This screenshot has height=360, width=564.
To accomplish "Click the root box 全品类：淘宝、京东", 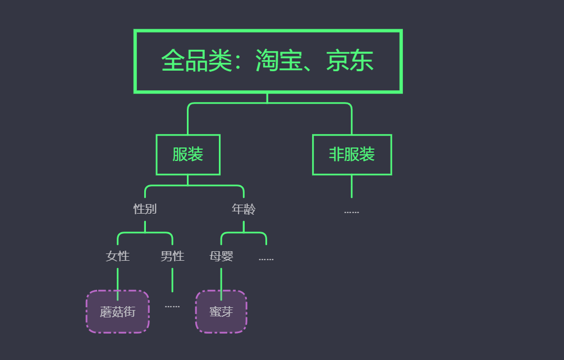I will (268, 61).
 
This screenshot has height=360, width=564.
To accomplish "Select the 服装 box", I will (188, 155).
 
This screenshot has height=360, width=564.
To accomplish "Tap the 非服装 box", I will (352, 155).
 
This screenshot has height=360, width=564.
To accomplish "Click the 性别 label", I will (145, 209).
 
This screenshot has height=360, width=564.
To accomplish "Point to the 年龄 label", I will (244, 209).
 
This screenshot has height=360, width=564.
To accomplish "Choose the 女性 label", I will (118, 256).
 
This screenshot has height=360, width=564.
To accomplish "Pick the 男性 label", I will (172, 256).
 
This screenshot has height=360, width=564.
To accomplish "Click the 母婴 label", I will (221, 256).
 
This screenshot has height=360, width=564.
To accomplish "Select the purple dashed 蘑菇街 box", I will (118, 312).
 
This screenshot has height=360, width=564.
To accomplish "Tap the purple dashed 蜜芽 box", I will (221, 312).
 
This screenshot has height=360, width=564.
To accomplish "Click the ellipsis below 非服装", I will (352, 212).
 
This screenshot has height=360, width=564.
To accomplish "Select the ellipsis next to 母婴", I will (266, 259).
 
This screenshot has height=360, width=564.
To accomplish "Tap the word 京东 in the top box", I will (350, 61).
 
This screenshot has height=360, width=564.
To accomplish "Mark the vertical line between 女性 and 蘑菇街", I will (118, 279).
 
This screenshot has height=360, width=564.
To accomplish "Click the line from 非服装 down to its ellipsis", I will (352, 186).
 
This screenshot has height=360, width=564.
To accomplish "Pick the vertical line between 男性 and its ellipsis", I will (172, 279).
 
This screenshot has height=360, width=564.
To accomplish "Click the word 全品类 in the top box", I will (196, 61).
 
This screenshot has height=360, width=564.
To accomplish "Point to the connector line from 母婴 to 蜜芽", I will (221, 279).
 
